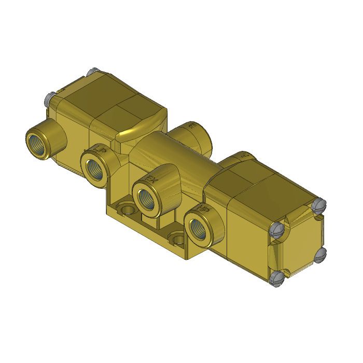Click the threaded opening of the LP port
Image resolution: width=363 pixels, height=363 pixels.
tap(96, 169)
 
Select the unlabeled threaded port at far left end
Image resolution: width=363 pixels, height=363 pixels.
tap(37, 141)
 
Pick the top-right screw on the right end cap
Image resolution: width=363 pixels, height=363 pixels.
tap(318, 205)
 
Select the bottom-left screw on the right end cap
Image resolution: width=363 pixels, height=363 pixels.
tap(278, 278)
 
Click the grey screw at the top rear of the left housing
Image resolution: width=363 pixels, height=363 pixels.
tap(93, 72)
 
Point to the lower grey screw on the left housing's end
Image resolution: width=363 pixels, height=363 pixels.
tap(50, 97)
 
